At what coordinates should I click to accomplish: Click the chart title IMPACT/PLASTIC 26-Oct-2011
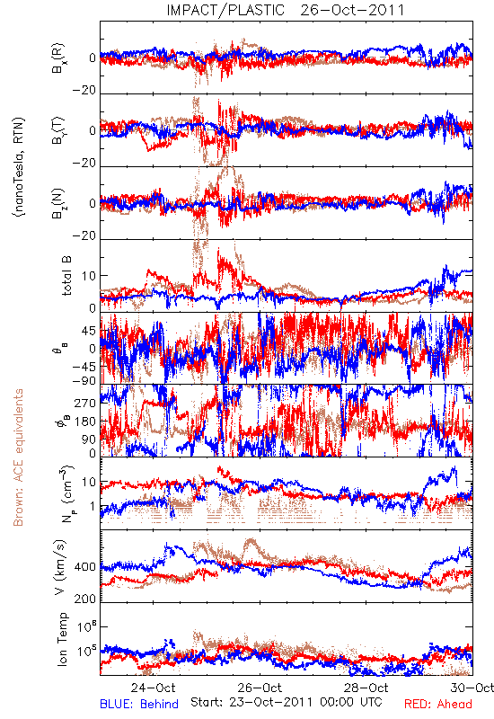[x=286, y=10]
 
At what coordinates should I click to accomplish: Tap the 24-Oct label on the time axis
[x=153, y=688]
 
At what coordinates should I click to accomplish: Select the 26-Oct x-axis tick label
[x=260, y=688]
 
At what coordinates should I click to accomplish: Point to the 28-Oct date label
[x=366, y=688]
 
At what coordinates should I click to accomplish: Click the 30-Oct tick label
[x=472, y=688]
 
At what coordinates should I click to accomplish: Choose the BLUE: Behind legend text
[x=139, y=704]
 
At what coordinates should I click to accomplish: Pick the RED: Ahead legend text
[x=437, y=704]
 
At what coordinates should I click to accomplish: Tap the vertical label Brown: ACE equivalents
[x=18, y=457]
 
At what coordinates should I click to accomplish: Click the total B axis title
[x=66, y=276]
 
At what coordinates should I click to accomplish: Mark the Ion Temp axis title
[x=62, y=639]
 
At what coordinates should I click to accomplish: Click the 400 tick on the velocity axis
[x=85, y=567]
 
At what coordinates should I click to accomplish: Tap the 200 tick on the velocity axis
[x=85, y=599]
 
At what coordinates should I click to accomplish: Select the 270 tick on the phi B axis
[x=86, y=404]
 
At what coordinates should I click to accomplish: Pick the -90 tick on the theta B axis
[x=84, y=380]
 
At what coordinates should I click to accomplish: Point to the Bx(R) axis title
[x=58, y=58]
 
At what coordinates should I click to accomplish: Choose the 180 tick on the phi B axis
[x=86, y=422]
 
